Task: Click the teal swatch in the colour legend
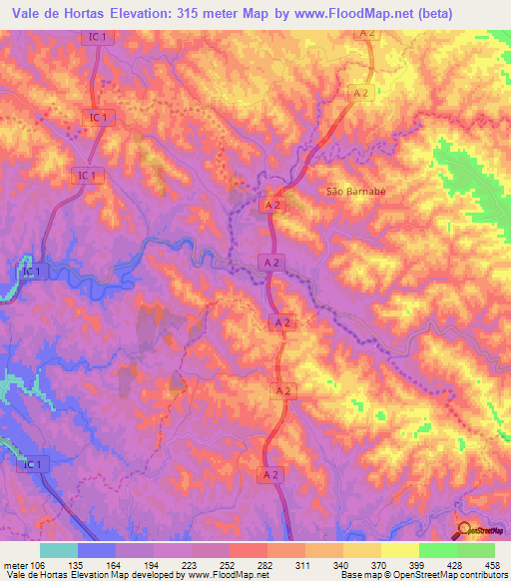coord(59,550)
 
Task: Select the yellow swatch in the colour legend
coord(399,550)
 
